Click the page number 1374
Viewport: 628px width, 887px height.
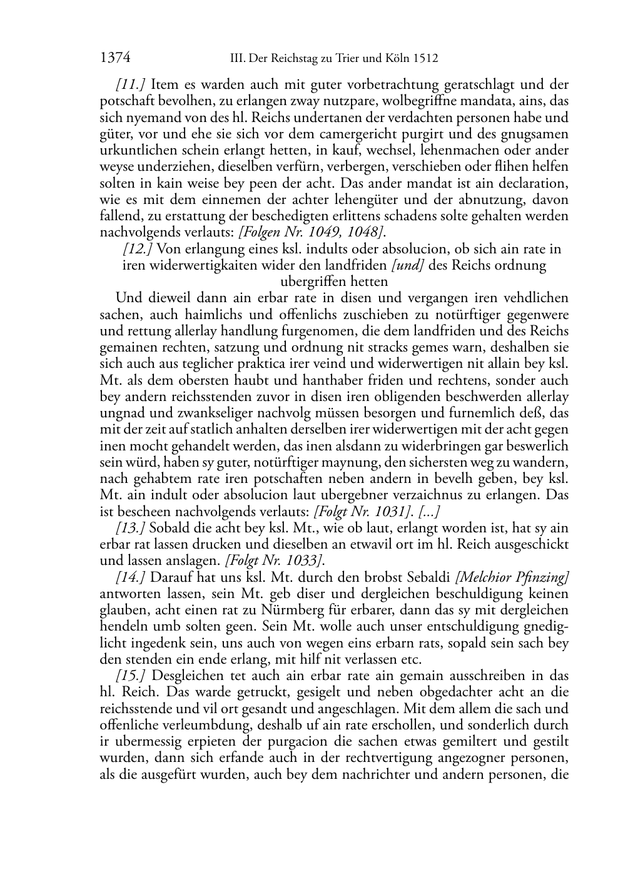tap(114, 58)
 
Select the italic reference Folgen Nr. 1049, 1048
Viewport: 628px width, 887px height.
tap(311, 232)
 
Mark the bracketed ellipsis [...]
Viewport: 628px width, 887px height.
tap(429, 511)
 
